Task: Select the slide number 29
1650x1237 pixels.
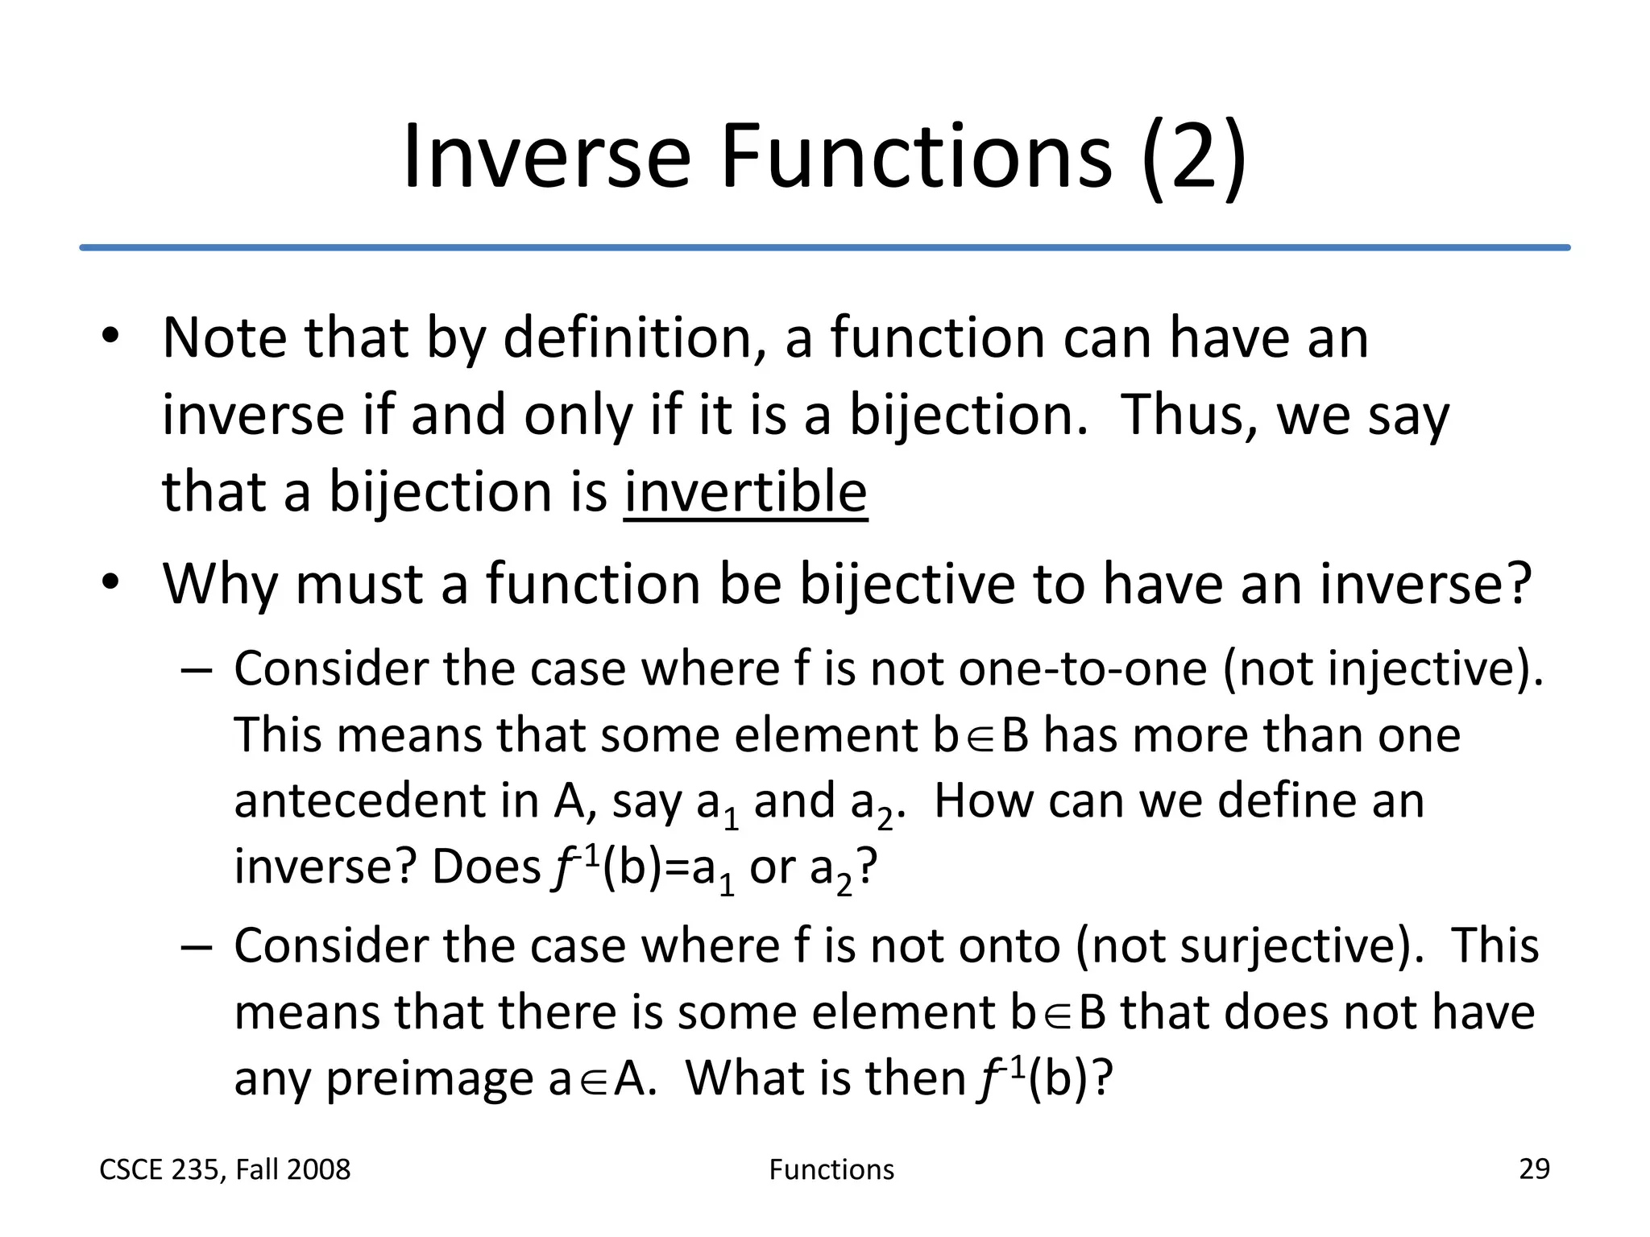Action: pyautogui.click(x=1534, y=1169)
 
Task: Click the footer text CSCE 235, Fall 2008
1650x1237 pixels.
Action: pyautogui.click(x=225, y=1169)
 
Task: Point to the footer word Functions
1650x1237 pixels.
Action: pyautogui.click(x=831, y=1169)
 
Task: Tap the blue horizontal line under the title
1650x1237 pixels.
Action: pyautogui.click(x=825, y=247)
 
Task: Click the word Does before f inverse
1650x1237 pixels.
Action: pyautogui.click(x=486, y=867)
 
